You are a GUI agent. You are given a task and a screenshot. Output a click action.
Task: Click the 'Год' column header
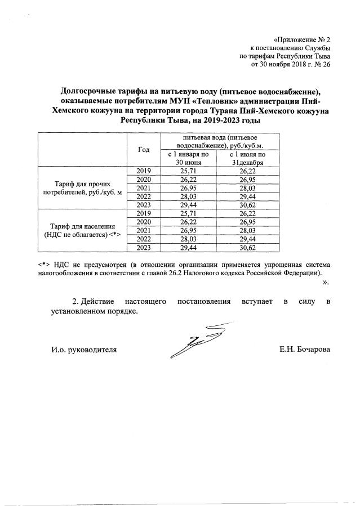coord(144,149)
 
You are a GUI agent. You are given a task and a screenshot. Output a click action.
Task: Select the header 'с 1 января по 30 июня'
coord(184,158)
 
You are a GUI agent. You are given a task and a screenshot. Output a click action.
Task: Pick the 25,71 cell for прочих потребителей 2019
coord(184,170)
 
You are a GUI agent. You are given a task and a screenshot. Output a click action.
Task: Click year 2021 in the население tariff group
coord(144,230)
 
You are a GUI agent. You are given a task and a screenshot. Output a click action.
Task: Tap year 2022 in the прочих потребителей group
coord(144,196)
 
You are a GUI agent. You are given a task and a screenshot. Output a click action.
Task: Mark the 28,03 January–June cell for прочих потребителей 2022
coord(184,196)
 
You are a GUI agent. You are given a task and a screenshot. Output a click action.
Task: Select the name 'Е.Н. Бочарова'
coord(305,350)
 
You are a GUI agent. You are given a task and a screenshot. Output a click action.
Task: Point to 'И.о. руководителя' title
coord(84,350)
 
